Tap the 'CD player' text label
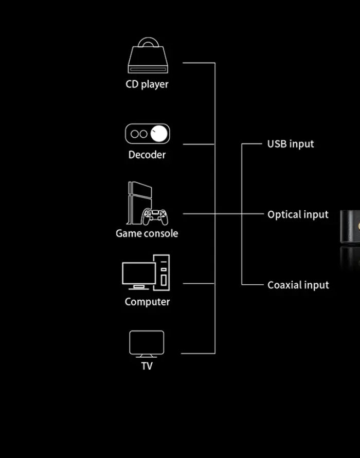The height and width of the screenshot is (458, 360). pyautogui.click(x=147, y=84)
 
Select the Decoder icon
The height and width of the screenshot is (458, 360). pyautogui.click(x=147, y=134)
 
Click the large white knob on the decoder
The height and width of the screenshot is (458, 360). pyautogui.click(x=159, y=134)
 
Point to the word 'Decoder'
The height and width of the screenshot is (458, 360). pyautogui.click(x=147, y=155)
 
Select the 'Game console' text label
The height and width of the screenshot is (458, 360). pyautogui.click(x=147, y=233)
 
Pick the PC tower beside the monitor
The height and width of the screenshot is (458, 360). pyautogui.click(x=164, y=272)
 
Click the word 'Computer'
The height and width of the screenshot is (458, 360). pyautogui.click(x=147, y=302)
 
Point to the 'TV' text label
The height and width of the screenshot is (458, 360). pyautogui.click(x=147, y=366)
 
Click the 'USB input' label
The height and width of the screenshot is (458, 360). pyautogui.click(x=291, y=144)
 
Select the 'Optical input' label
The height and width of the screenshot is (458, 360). pyautogui.click(x=298, y=214)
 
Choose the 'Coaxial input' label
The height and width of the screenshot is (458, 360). pyautogui.click(x=298, y=285)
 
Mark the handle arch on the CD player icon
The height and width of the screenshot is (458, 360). pyautogui.click(x=148, y=42)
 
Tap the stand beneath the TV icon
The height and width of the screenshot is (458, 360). pyautogui.click(x=147, y=356)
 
